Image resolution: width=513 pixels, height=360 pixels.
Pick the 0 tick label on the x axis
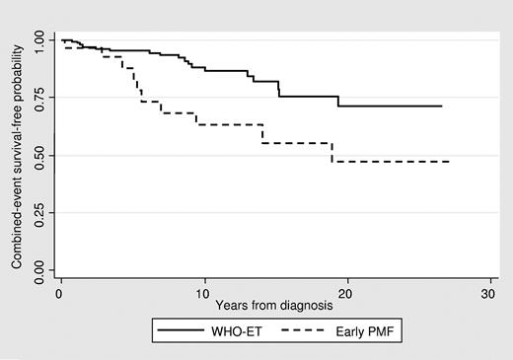point(61,295)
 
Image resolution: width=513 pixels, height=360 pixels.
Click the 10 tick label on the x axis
point(203,295)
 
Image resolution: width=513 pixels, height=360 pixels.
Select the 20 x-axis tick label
point(345,295)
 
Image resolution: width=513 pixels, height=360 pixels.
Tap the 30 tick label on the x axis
point(487,295)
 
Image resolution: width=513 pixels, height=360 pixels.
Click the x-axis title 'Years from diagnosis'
point(274,307)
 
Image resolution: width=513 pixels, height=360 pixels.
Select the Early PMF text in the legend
point(370,333)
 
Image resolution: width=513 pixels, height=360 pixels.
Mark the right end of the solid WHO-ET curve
point(441,106)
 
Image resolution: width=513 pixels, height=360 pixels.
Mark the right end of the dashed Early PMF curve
point(449,161)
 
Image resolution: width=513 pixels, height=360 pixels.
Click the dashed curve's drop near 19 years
point(332,152)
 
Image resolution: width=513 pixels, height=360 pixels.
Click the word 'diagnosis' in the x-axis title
point(309,307)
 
